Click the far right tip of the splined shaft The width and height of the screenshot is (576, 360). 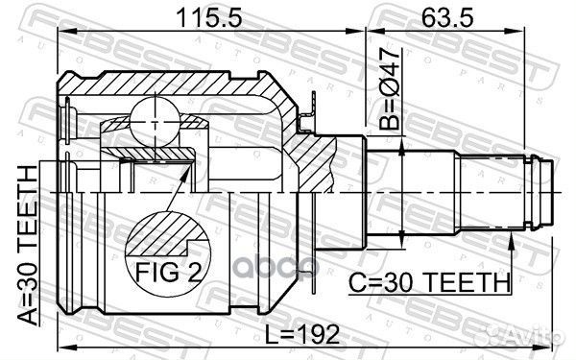point(556,191)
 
